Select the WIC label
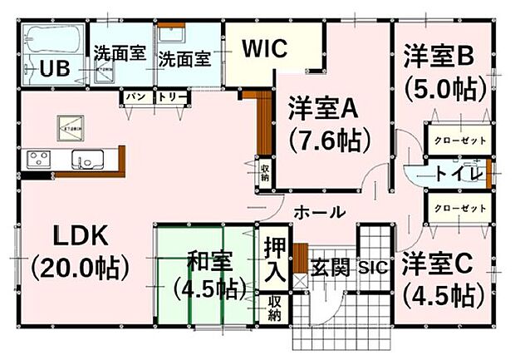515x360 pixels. (264, 48)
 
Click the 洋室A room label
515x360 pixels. (322, 107)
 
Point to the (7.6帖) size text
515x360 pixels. (328, 141)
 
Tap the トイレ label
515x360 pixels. (456, 174)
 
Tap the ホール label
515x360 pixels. (318, 213)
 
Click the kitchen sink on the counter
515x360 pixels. (86, 160)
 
